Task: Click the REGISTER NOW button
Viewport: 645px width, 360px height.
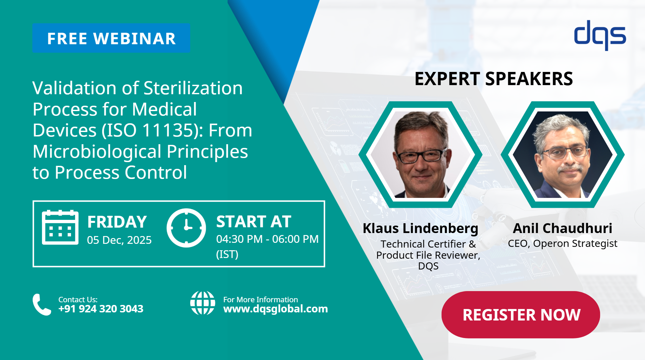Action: click(521, 315)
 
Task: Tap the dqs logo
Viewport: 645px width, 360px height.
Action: click(600, 35)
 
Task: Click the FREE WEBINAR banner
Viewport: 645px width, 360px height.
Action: click(111, 38)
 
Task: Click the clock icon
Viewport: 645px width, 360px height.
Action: click(186, 228)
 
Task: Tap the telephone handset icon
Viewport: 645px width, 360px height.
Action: click(42, 304)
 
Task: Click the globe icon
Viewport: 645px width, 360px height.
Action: click(202, 303)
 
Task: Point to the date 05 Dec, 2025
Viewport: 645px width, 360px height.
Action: click(119, 240)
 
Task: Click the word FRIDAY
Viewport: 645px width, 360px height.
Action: click(117, 222)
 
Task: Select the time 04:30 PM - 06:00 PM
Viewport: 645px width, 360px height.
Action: click(267, 239)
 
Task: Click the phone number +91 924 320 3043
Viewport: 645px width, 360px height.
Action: click(101, 309)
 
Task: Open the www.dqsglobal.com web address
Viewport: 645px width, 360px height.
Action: click(275, 309)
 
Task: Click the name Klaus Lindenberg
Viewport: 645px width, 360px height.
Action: click(420, 228)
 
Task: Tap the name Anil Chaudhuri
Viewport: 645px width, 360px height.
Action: click(562, 228)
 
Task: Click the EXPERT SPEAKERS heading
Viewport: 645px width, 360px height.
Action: click(494, 79)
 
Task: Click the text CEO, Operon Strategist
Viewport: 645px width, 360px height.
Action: click(562, 243)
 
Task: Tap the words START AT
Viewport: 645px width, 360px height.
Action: click(253, 222)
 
